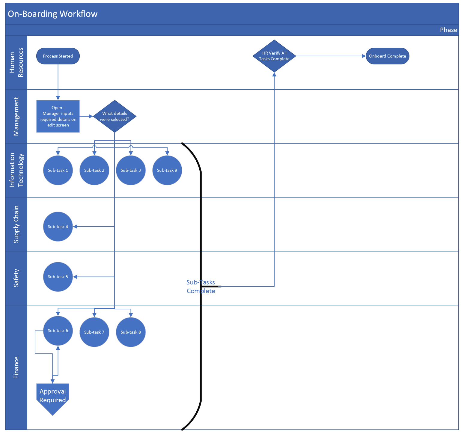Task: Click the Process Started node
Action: [x=58, y=56]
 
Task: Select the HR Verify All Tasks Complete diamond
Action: [x=274, y=56]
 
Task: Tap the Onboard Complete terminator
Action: [x=387, y=56]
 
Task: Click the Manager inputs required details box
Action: [x=58, y=116]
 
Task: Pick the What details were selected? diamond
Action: [x=115, y=116]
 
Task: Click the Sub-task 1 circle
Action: [x=58, y=170]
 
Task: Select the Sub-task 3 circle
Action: [x=131, y=170]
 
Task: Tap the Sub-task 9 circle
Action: [x=167, y=170]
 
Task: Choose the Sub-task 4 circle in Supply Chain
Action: [x=58, y=227]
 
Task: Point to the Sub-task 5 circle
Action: [x=58, y=277]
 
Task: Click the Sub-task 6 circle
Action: [x=58, y=331]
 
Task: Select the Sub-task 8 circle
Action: [x=131, y=332]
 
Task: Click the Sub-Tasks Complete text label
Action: [x=201, y=287]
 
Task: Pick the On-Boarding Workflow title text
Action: [x=52, y=14]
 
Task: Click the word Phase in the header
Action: [x=448, y=30]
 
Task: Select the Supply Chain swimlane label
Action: [x=16, y=224]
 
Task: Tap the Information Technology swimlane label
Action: [x=16, y=170]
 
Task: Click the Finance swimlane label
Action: [x=16, y=367]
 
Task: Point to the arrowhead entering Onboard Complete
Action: [x=364, y=56]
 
